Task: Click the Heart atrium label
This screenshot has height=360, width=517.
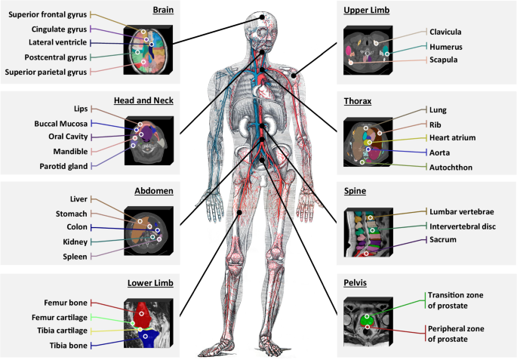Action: click(x=454, y=138)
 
